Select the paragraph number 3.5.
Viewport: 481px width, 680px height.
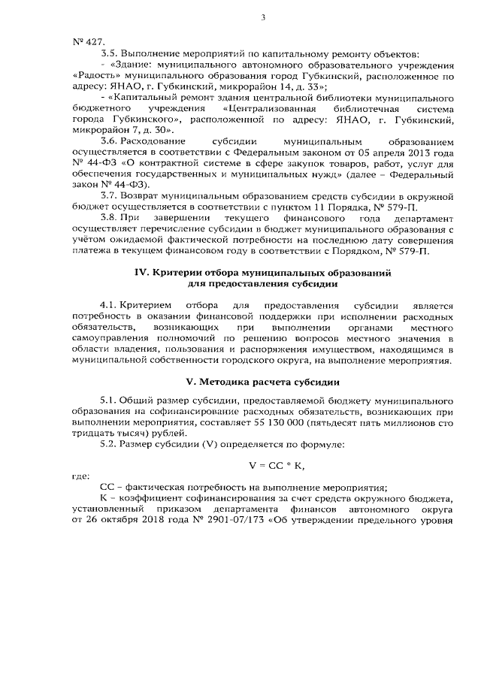(109, 54)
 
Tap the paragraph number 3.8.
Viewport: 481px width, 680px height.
(109, 217)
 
